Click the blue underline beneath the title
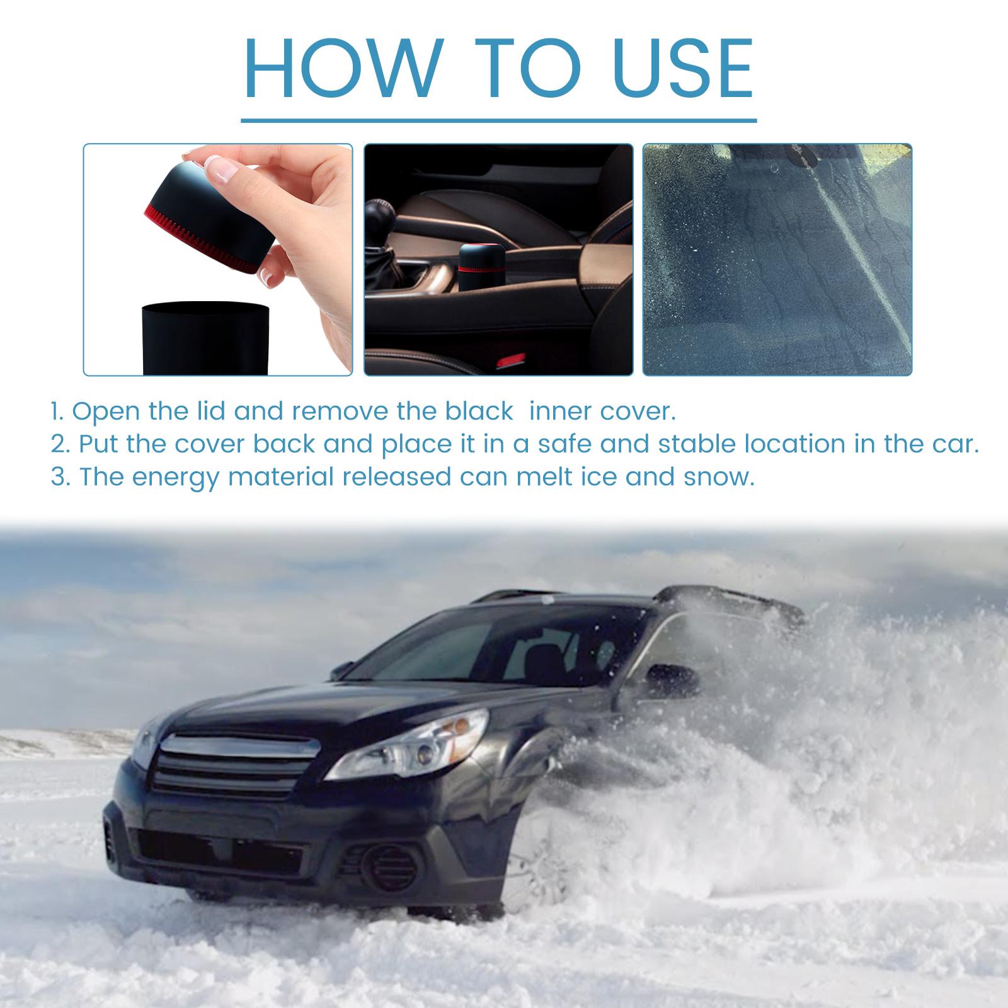point(499,119)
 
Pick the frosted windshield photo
point(777,260)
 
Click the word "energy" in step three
point(174,477)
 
